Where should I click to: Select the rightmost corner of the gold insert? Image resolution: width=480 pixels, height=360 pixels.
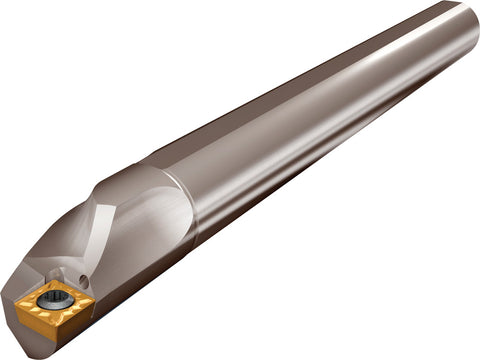click(95, 298)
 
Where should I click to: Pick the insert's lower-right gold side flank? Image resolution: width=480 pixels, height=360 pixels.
click(75, 322)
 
